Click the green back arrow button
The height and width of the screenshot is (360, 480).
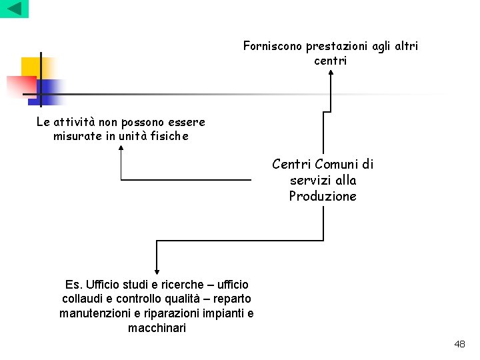pyautogui.click(x=14, y=9)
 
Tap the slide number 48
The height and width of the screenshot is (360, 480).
pyautogui.click(x=459, y=344)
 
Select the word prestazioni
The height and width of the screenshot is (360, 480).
pyautogui.click(x=338, y=46)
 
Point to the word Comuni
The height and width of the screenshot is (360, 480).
pyautogui.click(x=337, y=164)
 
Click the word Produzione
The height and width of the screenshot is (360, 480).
pyautogui.click(x=323, y=196)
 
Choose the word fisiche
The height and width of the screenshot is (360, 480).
pyautogui.click(x=169, y=136)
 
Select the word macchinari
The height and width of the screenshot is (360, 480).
pyautogui.click(x=157, y=328)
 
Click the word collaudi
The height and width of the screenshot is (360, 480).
pyautogui.click(x=83, y=299)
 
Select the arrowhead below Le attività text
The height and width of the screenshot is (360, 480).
pyautogui.click(x=121, y=148)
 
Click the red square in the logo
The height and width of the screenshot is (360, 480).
pyautogui.click(x=20, y=85)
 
